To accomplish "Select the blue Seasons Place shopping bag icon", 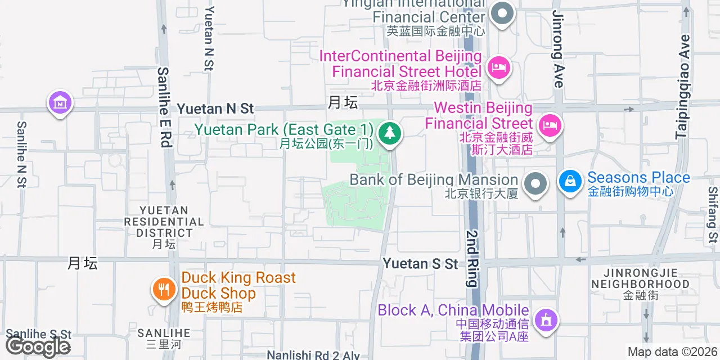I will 570,182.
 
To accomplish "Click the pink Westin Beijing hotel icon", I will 548,125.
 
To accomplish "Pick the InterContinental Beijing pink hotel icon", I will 498,69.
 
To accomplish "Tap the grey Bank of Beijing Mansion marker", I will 535,184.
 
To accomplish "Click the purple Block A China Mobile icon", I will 546,320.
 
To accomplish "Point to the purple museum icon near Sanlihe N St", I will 60,102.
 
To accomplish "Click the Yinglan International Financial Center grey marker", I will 502,14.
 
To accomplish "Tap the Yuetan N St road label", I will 215,109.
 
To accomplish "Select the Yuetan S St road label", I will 421,263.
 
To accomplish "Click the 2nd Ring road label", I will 471,258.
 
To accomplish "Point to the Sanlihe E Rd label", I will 164,107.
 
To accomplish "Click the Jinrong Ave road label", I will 557,49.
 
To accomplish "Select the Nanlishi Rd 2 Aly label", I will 313,355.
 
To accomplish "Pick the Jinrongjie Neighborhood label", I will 640,278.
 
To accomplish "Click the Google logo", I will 38,346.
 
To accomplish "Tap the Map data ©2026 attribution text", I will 672,352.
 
